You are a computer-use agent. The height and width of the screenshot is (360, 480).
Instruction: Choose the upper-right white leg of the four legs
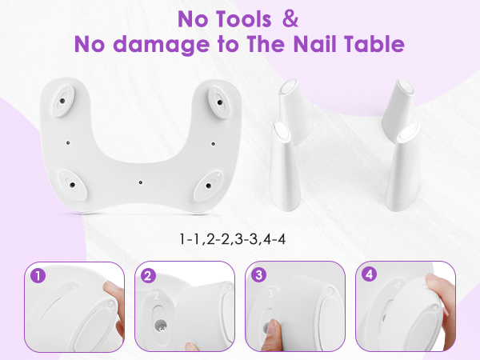pos(398,104)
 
